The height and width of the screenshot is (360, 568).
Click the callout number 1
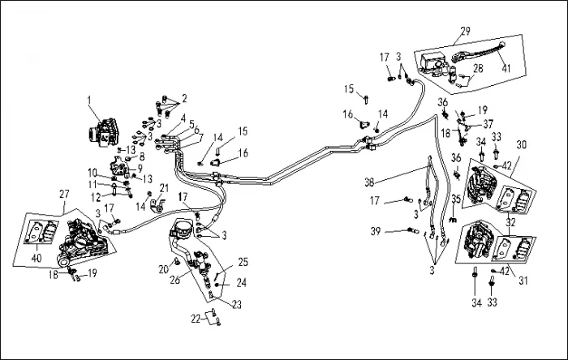coord(92,100)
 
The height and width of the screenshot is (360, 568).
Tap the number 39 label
coord(375,231)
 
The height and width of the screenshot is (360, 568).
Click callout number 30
coord(520,144)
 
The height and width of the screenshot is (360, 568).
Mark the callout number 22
coord(194,319)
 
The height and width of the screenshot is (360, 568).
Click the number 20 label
coord(162,268)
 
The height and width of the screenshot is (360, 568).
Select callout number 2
coord(183,98)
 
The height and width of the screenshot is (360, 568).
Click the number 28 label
coord(477,68)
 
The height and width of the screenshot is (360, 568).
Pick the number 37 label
coord(488,123)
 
